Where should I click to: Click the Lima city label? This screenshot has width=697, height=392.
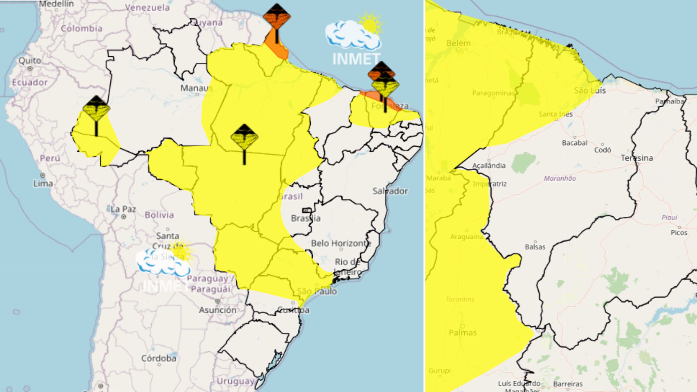point(43,183)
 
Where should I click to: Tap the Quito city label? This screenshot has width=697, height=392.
point(30,60)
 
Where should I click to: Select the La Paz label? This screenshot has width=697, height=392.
point(123,209)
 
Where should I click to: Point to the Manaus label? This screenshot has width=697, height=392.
point(196,88)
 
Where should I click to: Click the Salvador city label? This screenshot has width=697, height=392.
point(390,191)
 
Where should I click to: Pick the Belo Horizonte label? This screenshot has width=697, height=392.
point(341,243)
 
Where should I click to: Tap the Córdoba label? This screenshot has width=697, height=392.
point(159,358)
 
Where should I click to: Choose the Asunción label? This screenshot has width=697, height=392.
point(217,310)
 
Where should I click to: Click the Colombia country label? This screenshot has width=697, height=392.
point(81,28)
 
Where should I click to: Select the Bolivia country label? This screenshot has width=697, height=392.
point(159,215)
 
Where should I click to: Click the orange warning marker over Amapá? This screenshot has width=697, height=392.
point(277,17)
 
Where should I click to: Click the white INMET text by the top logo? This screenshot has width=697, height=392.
point(356,59)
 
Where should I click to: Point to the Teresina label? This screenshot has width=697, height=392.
point(637,158)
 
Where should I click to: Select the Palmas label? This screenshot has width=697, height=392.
point(462,332)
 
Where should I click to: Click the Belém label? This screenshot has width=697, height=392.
point(458,43)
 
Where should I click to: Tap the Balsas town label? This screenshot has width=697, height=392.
point(535,247)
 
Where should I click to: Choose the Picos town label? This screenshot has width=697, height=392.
point(679,232)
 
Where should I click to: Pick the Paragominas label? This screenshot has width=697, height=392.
point(493,93)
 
